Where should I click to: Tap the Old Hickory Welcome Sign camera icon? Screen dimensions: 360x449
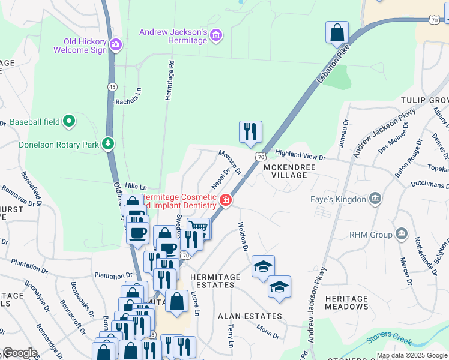point(116,43)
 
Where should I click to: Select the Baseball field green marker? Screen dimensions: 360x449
point(70,122)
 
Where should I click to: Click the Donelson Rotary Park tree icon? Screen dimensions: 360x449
point(108,144)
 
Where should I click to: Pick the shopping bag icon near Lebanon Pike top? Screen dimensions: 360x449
point(337,32)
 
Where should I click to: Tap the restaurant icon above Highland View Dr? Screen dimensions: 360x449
point(250,131)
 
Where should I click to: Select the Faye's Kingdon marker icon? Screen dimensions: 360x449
point(375,199)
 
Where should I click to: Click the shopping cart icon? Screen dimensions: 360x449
point(199,228)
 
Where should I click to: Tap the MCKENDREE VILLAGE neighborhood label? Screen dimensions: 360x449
point(285,170)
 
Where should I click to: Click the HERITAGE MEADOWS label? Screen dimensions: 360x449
point(346,302)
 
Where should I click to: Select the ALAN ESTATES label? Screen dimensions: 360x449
point(250,316)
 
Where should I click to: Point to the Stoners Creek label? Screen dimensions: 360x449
point(389,338)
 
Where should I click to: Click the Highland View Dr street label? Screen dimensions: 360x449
point(300,156)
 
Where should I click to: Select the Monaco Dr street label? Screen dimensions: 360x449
point(229,162)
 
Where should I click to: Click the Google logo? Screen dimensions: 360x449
point(19,353)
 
